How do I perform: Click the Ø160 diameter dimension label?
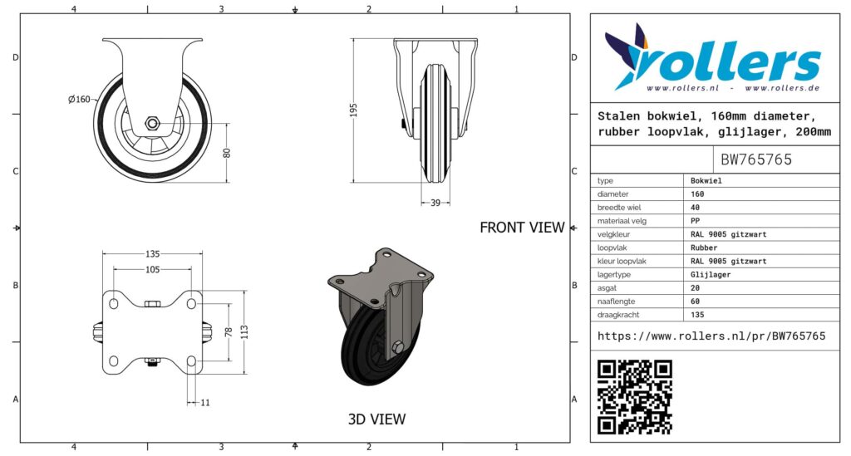pos(79,100)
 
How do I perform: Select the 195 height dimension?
pos(352,110)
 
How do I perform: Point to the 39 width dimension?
pos(435,202)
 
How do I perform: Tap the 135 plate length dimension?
pos(152,253)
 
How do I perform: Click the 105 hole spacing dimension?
pos(152,269)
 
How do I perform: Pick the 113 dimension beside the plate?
pos(244,332)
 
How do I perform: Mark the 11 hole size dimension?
pos(204,402)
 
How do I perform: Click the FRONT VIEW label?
pos(522,228)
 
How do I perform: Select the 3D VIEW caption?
pos(376,419)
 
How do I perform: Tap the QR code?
pos(634,396)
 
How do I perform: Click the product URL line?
pos(711,336)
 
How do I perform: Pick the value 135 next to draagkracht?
pos(698,315)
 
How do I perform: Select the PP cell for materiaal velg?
pos(696,221)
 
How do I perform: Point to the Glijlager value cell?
pos(711,274)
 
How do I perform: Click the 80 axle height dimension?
pos(226,153)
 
